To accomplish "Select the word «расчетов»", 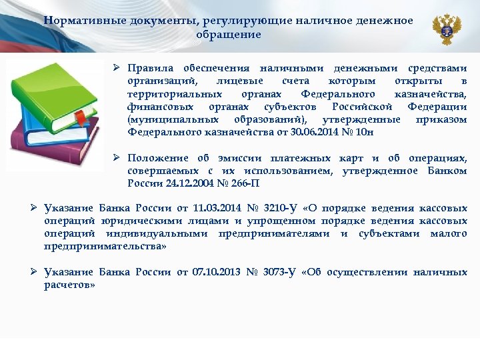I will [69, 285].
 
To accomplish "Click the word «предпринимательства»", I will [105, 246].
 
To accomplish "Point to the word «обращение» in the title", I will [229, 34].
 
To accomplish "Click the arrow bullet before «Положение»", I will [116, 158].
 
